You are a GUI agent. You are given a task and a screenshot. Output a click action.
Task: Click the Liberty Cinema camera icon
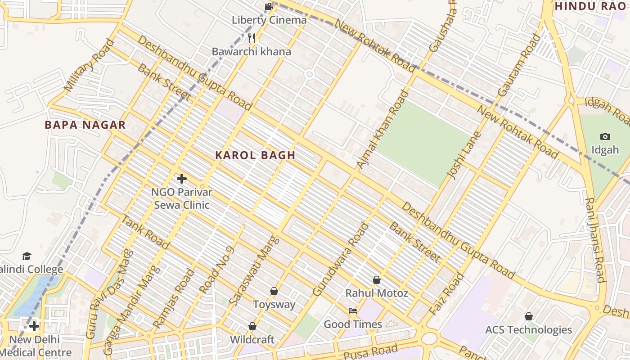click(269, 6)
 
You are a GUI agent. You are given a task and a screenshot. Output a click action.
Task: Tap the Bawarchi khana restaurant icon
click(252, 38)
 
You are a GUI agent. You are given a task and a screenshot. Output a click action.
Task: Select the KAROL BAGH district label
click(255, 155)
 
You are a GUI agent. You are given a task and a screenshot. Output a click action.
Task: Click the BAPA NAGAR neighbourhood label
click(85, 125)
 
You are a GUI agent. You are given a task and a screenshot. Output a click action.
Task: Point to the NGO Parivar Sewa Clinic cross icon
click(181, 179)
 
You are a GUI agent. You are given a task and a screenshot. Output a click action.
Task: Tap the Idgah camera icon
click(605, 136)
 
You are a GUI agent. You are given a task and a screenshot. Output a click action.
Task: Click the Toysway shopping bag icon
click(274, 291)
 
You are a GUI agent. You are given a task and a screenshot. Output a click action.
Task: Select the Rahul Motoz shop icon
click(377, 280)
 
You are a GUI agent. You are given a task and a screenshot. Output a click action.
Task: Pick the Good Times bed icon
click(353, 310)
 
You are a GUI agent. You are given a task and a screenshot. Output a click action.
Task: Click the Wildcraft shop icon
click(252, 326)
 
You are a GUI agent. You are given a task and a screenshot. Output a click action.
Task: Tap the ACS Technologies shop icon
click(528, 316)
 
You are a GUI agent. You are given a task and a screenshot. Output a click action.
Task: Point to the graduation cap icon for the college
click(27, 256)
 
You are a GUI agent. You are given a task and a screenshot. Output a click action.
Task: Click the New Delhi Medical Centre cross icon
click(34, 326)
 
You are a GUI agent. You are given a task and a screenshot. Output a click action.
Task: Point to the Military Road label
click(89, 65)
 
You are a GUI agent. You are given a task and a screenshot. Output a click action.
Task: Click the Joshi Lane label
click(458, 154)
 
